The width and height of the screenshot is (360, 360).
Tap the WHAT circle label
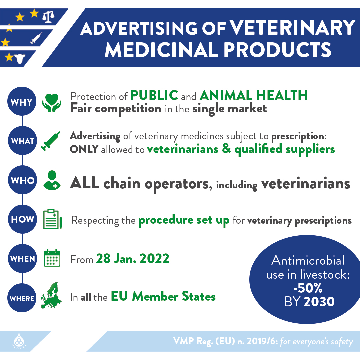point(22,141)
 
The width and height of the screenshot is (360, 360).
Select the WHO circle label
point(22,180)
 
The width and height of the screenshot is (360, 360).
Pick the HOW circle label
point(22,219)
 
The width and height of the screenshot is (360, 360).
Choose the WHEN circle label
point(22,259)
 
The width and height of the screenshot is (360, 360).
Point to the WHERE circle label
point(22,298)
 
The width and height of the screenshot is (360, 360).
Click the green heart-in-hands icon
point(52,103)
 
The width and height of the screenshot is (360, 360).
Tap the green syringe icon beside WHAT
point(51,141)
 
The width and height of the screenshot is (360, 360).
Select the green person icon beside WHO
point(52,180)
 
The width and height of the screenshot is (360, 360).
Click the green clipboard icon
point(53,219)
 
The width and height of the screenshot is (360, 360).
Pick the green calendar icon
point(52,258)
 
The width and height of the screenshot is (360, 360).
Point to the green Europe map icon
point(51,295)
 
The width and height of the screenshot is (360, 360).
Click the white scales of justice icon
point(48,17)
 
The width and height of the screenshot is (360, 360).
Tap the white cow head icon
point(20,59)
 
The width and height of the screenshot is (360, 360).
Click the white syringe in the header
point(36,38)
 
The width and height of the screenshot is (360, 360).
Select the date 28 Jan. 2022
point(133,259)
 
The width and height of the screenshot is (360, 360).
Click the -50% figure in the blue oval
point(308,288)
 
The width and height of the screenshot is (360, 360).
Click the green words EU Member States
point(163,296)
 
